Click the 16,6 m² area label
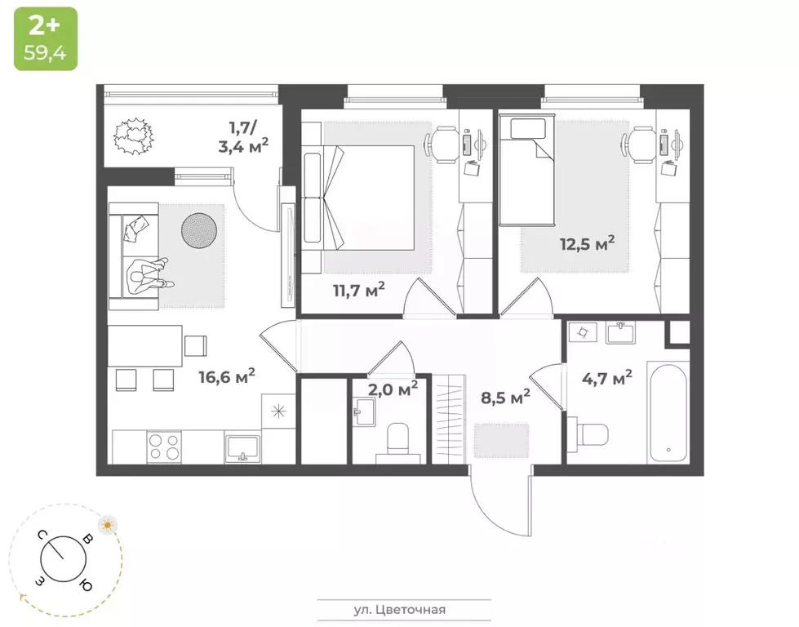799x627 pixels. [227, 376]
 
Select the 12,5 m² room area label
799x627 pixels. [586, 243]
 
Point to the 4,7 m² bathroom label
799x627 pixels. [606, 378]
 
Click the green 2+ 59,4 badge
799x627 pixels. [45, 38]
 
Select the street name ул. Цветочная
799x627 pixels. [404, 609]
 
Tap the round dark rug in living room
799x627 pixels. [198, 230]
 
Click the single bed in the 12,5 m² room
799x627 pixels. [527, 171]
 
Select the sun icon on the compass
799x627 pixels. [108, 525]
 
